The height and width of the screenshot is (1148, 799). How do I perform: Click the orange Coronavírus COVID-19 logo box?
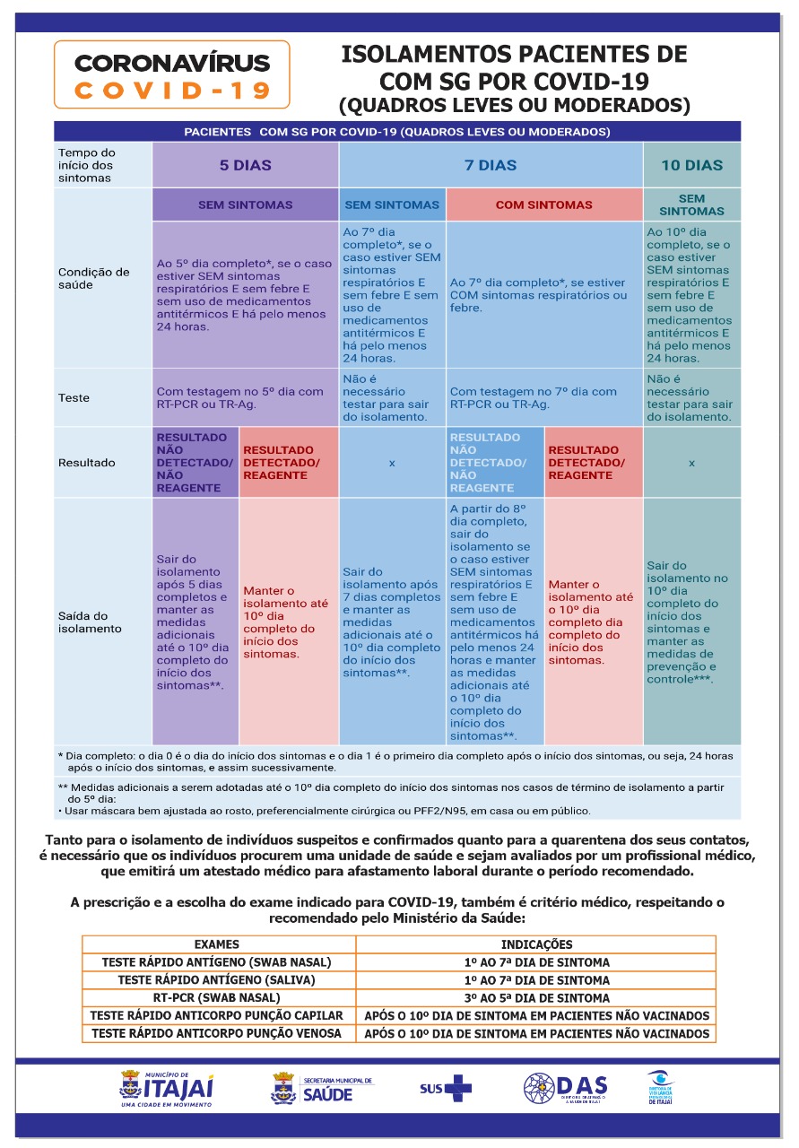171,74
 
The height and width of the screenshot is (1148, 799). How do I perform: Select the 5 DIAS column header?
245,165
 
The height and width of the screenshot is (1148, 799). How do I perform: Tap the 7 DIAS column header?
491,165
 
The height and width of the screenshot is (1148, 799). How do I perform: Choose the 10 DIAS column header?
691,165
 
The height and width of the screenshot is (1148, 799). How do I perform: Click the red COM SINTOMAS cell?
543,204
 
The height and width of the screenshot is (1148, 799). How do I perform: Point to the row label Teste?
75,397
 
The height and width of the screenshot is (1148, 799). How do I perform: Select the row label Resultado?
86,463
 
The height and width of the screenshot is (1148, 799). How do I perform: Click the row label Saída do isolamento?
90,622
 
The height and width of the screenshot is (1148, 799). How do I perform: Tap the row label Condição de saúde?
93,278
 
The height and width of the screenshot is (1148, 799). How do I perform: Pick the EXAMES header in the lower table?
217,944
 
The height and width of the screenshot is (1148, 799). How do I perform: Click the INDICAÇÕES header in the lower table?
536,944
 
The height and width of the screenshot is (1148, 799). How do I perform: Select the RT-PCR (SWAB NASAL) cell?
217,997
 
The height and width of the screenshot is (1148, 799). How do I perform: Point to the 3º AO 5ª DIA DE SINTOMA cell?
536,997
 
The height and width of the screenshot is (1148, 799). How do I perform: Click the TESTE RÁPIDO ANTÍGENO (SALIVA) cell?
217,980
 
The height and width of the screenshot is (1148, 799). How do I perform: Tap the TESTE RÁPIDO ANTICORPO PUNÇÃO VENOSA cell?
217,1033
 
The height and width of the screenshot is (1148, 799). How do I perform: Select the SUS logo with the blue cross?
446,1089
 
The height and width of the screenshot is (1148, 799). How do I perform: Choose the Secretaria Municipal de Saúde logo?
322,1089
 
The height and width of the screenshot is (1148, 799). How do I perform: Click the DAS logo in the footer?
566,1088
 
